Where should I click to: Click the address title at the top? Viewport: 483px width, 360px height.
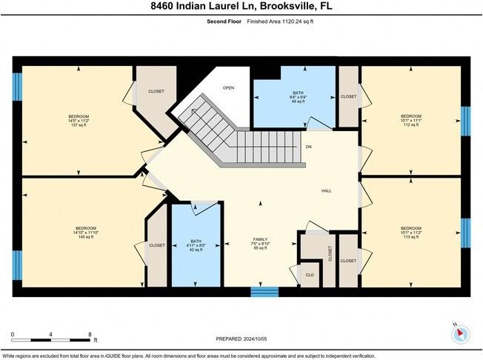(x=241, y=7)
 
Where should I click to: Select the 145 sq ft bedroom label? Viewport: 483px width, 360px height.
(x=86, y=233)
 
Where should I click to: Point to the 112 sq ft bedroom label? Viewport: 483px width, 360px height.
(x=410, y=120)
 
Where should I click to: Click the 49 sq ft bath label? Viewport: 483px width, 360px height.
(x=294, y=98)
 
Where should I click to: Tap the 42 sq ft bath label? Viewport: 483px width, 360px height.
(x=196, y=245)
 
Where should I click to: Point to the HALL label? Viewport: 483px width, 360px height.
(x=326, y=191)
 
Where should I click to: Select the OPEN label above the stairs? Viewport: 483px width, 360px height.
(x=229, y=87)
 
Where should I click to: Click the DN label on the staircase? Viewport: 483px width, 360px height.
(x=307, y=147)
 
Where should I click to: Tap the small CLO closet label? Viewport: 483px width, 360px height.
(x=310, y=276)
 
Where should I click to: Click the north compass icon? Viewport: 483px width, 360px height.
(x=460, y=333)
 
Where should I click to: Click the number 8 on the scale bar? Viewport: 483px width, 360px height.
(x=89, y=336)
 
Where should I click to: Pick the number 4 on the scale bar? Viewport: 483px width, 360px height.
(x=50, y=336)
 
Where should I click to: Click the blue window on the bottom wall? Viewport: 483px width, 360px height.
(x=264, y=291)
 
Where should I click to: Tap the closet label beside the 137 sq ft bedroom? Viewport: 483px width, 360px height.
(x=156, y=92)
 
